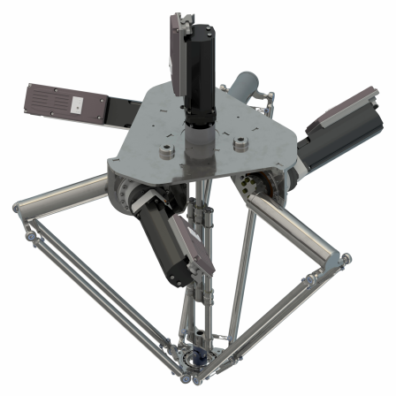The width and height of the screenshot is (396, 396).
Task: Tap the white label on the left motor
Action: (x=77, y=103)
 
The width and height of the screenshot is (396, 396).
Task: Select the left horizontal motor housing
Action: (x=66, y=103)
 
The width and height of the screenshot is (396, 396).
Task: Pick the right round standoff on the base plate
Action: (x=237, y=141)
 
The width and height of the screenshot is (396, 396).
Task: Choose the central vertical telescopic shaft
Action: (x=202, y=265)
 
